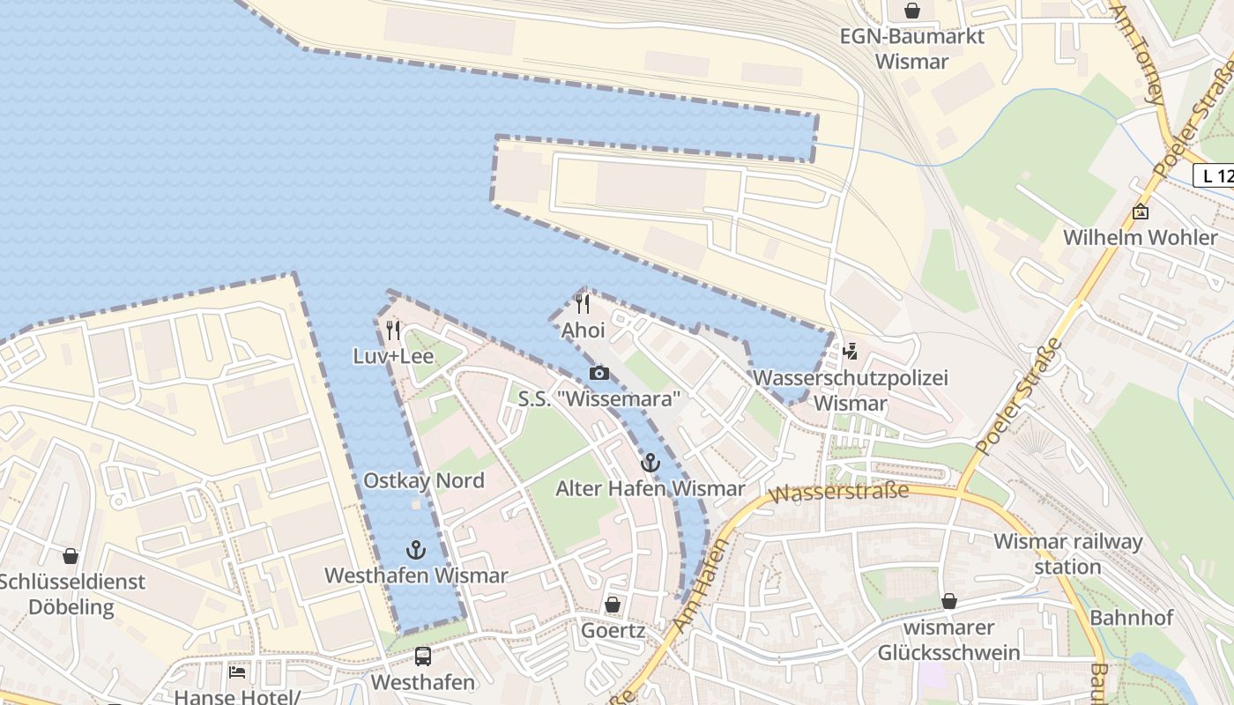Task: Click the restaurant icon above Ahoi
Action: pyautogui.click(x=582, y=304)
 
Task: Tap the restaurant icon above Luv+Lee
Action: pyautogui.click(x=393, y=330)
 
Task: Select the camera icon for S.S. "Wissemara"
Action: pyautogui.click(x=599, y=373)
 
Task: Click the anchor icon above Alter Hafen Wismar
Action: pyautogui.click(x=650, y=462)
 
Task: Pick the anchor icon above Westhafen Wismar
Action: pyautogui.click(x=415, y=550)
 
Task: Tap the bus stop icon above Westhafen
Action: pyautogui.click(x=423, y=657)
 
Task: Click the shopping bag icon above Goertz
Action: pyautogui.click(x=612, y=605)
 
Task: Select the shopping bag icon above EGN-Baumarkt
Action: pyautogui.click(x=911, y=11)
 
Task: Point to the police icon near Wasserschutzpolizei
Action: pyautogui.click(x=850, y=352)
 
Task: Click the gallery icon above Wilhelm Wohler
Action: pyautogui.click(x=1141, y=211)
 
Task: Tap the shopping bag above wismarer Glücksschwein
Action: pyautogui.click(x=948, y=601)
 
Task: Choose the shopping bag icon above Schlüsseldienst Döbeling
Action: pyautogui.click(x=71, y=556)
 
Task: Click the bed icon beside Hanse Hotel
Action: pyautogui.click(x=237, y=672)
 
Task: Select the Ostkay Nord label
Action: pyautogui.click(x=424, y=480)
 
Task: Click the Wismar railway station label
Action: pyautogui.click(x=1067, y=553)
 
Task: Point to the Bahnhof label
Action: pyautogui.click(x=1132, y=617)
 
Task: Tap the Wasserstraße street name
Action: pyautogui.click(x=838, y=493)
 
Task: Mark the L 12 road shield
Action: pyautogui.click(x=1216, y=175)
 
